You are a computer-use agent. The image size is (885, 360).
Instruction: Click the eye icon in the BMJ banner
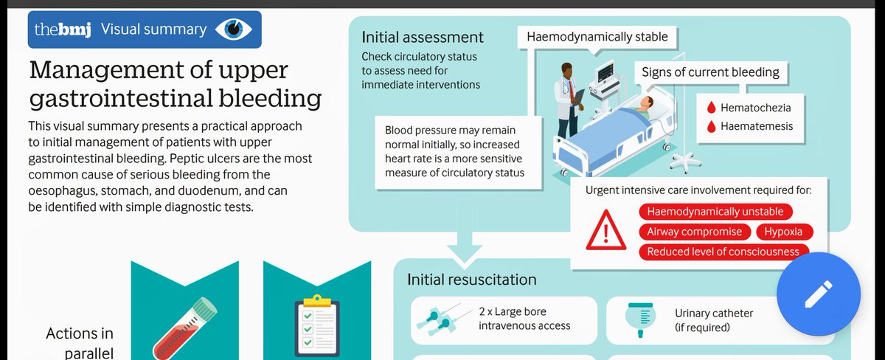[234, 30]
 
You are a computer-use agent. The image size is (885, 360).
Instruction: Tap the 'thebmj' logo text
[63, 30]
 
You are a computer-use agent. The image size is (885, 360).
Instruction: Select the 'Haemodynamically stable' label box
[597, 37]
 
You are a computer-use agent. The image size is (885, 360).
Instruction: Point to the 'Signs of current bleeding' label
[710, 72]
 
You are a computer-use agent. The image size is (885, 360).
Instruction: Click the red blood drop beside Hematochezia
[711, 108]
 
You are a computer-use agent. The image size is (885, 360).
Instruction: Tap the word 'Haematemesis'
[757, 126]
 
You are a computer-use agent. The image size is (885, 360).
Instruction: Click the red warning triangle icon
[605, 232]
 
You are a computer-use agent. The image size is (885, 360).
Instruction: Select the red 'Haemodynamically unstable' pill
[715, 212]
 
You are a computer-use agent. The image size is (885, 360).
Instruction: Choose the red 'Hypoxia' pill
[784, 232]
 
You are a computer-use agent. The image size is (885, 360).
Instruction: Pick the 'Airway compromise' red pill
[694, 232]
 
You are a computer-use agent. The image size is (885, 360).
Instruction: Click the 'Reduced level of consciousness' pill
[723, 252]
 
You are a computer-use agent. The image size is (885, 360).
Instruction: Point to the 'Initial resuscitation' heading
[471, 280]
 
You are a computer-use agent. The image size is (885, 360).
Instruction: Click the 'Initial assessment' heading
[423, 37]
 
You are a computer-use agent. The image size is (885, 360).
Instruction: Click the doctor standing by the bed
[567, 103]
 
